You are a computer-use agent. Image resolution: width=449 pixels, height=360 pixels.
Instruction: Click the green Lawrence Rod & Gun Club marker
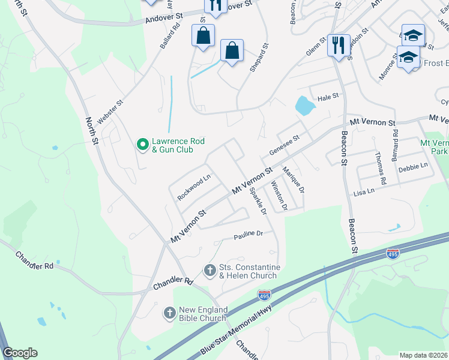pyautogui.click(x=143, y=144)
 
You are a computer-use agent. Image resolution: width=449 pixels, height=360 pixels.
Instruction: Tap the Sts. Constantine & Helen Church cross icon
pyautogui.click(x=210, y=271)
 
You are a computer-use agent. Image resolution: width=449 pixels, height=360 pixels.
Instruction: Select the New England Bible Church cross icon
pyautogui.click(x=170, y=313)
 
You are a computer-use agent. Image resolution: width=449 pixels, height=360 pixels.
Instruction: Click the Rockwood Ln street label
pyautogui.click(x=194, y=187)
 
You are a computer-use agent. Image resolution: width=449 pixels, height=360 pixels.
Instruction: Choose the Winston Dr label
pyautogui.click(x=280, y=196)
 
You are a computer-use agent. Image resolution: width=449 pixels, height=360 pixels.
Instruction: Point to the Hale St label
pyautogui.click(x=328, y=97)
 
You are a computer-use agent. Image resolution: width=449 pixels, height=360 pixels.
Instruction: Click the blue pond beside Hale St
pyautogui.click(x=305, y=106)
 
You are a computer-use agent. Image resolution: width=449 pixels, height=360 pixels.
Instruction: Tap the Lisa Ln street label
pyautogui.click(x=364, y=191)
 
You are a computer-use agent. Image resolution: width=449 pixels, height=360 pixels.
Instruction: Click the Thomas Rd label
pyautogui.click(x=380, y=168)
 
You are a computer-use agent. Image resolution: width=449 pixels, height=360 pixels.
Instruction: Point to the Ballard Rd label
pyautogui.click(x=170, y=37)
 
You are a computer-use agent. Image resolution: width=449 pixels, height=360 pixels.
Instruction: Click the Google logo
pyautogui.click(x=20, y=353)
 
